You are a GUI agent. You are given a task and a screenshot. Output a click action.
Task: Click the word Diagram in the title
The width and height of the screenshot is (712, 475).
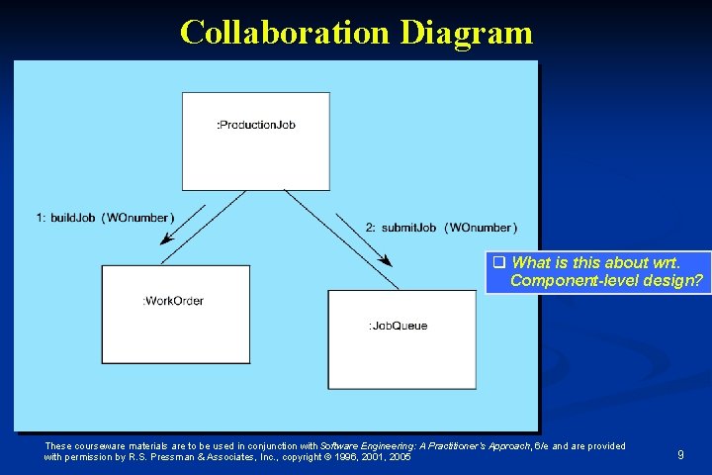click(467, 33)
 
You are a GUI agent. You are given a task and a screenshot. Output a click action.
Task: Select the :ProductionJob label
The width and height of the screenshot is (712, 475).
click(256, 125)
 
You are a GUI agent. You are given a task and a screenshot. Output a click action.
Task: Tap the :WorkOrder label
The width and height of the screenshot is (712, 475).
click(174, 301)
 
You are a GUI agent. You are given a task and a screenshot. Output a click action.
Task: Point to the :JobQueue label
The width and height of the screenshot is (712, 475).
click(398, 326)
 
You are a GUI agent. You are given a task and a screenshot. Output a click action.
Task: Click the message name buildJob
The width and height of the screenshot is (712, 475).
click(72, 218)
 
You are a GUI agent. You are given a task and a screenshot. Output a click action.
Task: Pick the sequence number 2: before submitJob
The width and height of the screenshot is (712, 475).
click(372, 228)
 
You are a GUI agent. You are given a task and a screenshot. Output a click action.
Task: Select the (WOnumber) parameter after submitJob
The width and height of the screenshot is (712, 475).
click(481, 228)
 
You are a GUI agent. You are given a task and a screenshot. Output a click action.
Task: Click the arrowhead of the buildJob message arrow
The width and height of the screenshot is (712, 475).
click(166, 239)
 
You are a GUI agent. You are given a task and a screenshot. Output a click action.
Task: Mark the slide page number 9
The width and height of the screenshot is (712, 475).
click(680, 454)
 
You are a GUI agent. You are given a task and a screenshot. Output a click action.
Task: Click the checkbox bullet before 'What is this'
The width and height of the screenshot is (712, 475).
click(499, 263)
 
